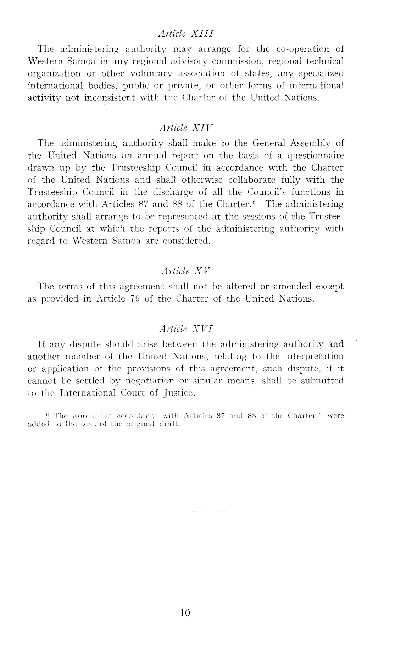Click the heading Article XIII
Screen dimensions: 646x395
(x=186, y=34)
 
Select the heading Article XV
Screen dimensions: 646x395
(x=186, y=271)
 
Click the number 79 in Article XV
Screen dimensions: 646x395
(x=134, y=298)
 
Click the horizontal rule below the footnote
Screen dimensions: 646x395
(x=186, y=512)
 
